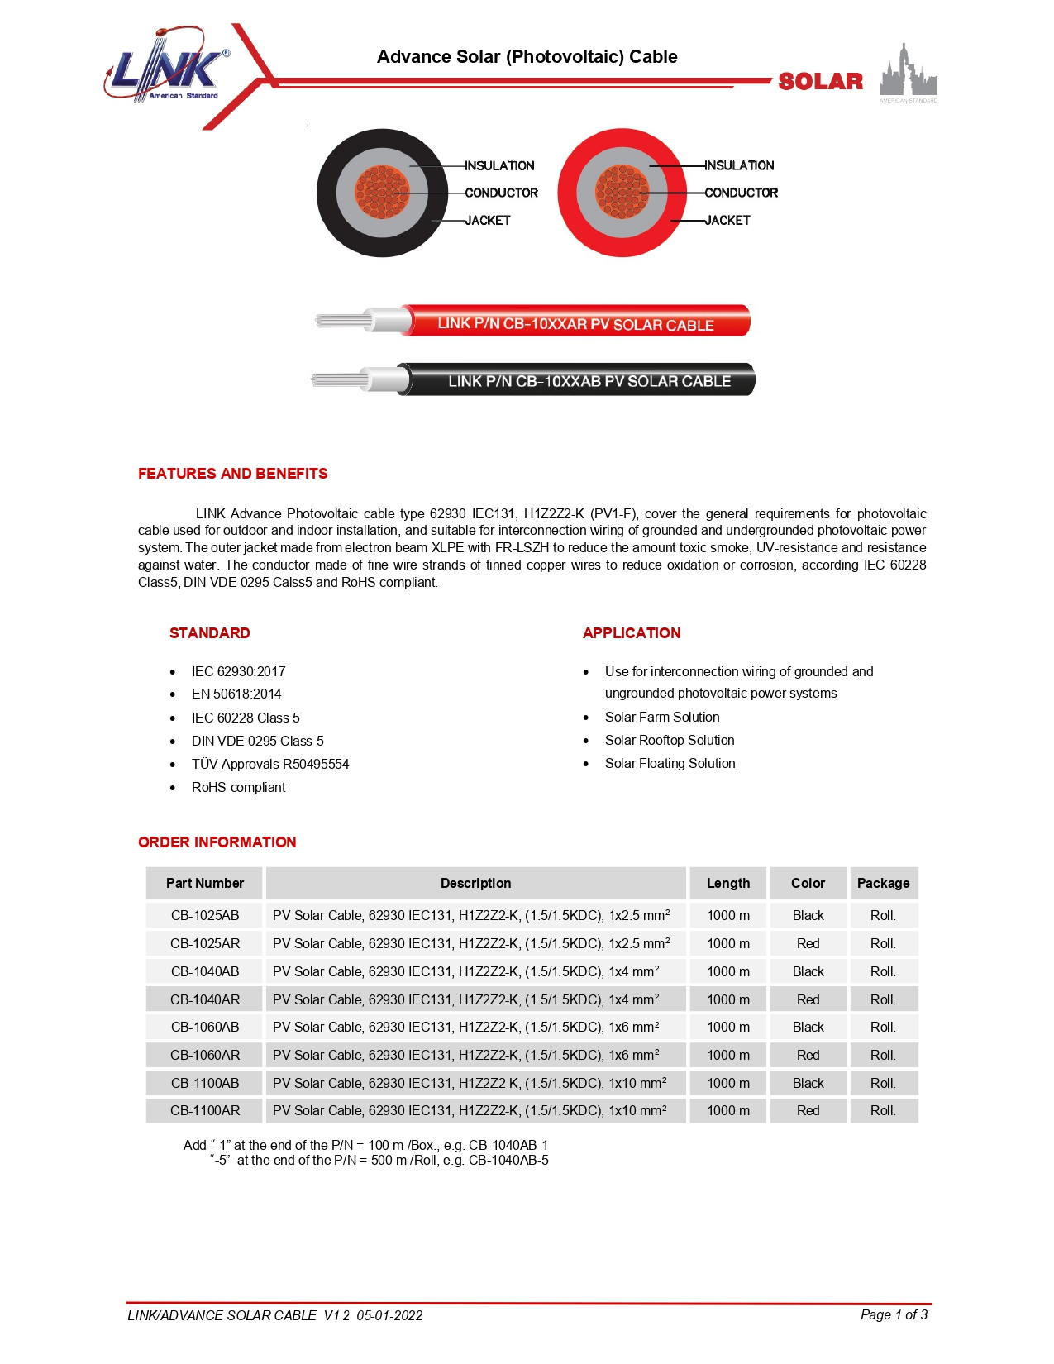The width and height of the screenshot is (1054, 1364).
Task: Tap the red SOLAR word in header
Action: [820, 82]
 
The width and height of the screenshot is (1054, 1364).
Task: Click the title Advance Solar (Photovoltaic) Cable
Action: [527, 57]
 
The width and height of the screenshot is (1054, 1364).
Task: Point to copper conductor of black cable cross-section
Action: [382, 192]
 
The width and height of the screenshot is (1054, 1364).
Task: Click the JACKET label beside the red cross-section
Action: [727, 221]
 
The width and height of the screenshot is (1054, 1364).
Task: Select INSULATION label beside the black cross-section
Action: [499, 166]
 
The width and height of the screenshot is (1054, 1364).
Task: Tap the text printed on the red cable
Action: [575, 324]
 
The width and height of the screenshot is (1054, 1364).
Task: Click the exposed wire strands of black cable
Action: [339, 380]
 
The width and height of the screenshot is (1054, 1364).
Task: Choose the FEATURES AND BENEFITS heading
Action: [232, 474]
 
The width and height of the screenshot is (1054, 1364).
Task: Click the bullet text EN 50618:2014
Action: [236, 694]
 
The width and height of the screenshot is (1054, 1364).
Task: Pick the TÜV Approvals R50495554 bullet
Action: [270, 765]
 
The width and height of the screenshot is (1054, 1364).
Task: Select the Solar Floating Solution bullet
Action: [670, 764]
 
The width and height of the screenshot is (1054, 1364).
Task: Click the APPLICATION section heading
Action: [632, 633]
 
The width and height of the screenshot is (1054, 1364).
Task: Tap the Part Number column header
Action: [205, 884]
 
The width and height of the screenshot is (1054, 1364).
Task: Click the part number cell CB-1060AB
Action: [205, 1028]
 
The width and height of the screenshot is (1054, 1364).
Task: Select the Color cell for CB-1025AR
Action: [808, 944]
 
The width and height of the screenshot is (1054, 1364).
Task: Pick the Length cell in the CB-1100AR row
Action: [728, 1111]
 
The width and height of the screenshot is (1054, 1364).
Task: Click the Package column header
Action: [883, 884]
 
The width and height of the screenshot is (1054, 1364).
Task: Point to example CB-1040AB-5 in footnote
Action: [508, 1161]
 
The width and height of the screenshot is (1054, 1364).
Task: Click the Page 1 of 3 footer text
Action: [894, 1315]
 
